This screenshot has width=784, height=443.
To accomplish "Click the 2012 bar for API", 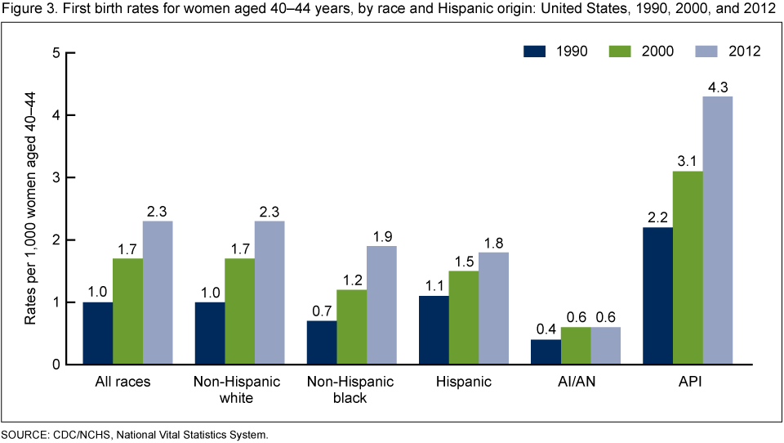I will tap(717, 230).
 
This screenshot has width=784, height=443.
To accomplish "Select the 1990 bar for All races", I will tap(98, 333).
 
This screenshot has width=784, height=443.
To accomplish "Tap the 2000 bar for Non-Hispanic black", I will tap(351, 327).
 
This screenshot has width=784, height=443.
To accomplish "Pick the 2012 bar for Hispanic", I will tap(493, 308).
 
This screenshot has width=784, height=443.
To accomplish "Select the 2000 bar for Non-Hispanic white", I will tap(239, 311).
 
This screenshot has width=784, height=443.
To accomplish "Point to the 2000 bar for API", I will tap(687, 268).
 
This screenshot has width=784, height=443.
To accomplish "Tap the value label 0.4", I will tap(546, 329).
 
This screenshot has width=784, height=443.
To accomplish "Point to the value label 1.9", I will tap(381, 235).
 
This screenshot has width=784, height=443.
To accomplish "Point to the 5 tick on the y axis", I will tap(56, 53).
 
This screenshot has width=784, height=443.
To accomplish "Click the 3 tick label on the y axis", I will tap(56, 177).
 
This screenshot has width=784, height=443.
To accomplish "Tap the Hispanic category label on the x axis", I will tap(463, 382).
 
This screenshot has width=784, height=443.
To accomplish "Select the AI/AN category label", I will tap(576, 382).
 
